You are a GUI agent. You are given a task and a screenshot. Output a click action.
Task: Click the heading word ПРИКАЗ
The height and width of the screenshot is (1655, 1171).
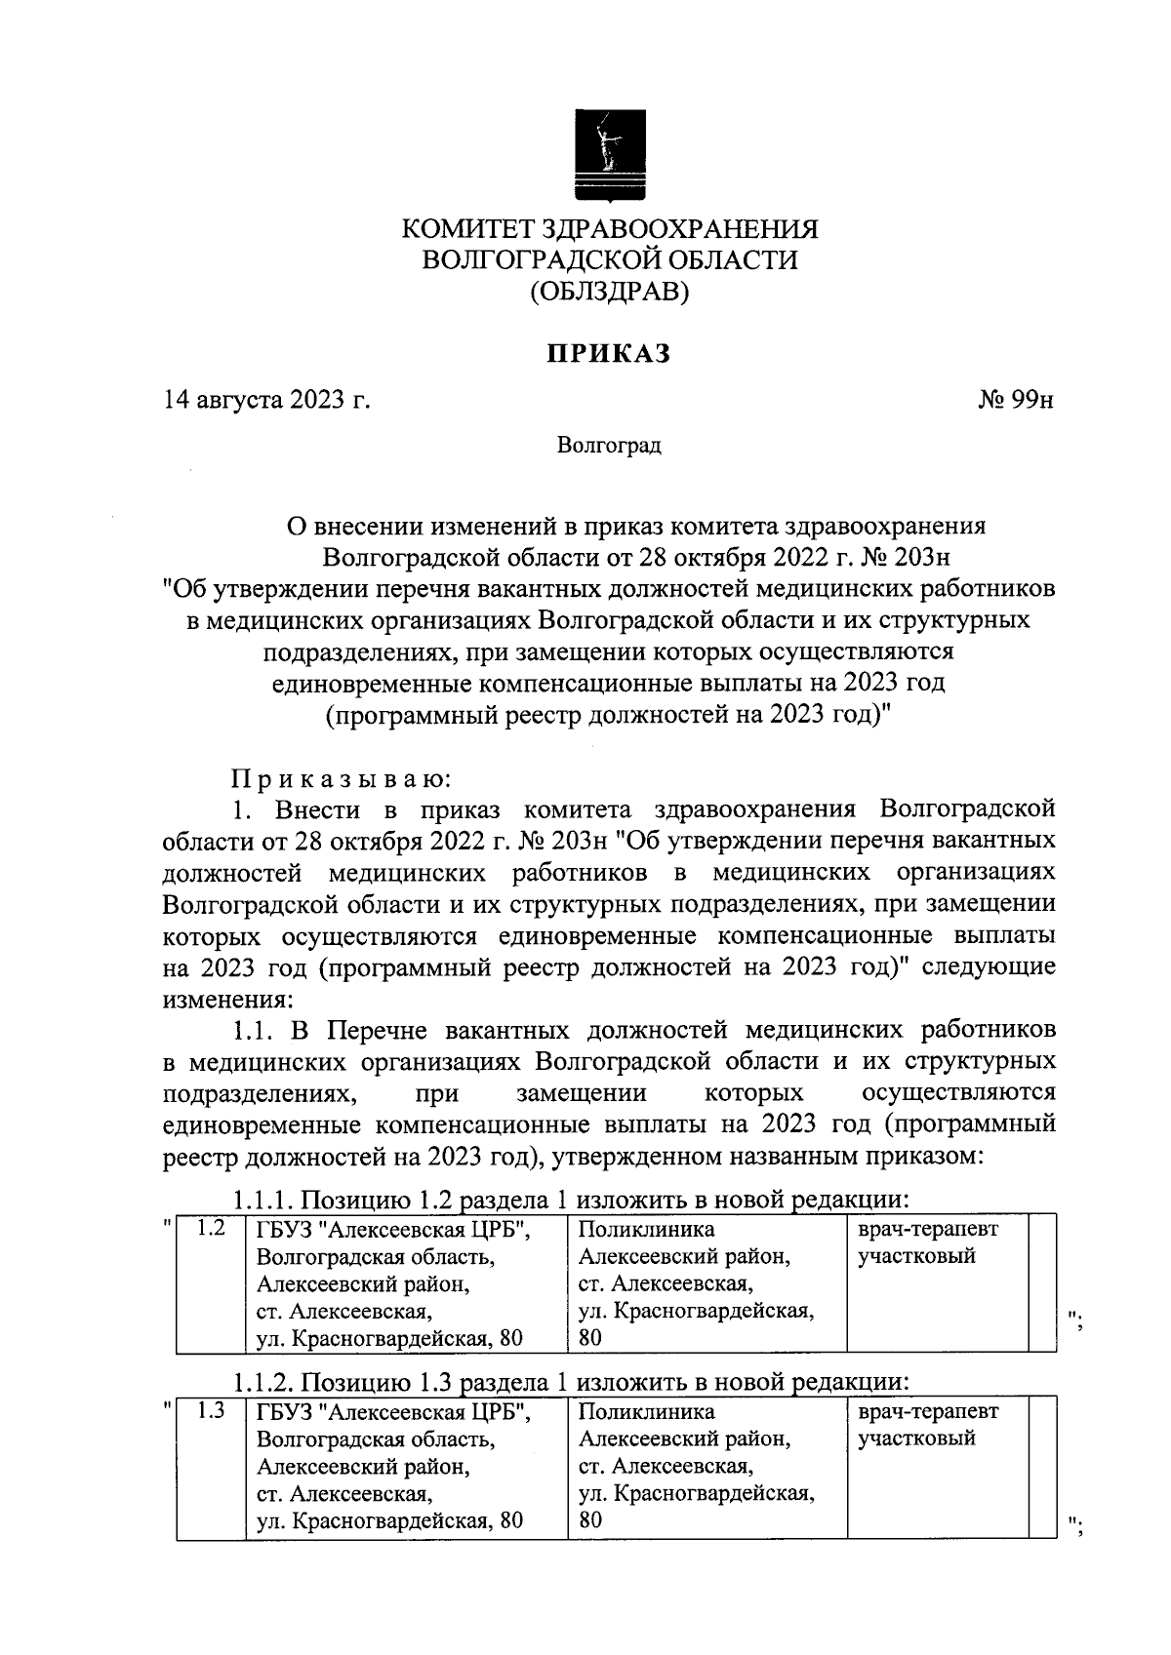(609, 353)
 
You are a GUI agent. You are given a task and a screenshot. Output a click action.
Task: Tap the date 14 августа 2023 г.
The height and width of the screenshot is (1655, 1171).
(266, 401)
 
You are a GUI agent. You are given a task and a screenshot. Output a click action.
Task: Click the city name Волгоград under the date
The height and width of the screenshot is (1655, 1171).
(609, 446)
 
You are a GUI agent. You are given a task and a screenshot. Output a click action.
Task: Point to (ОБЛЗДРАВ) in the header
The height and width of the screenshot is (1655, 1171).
(609, 291)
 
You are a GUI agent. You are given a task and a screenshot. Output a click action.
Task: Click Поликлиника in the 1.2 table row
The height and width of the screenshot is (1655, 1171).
(646, 1229)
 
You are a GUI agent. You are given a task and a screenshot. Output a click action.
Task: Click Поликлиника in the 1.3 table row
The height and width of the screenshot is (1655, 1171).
(646, 1411)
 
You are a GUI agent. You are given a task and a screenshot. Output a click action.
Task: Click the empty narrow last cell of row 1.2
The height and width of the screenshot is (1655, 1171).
(1043, 1282)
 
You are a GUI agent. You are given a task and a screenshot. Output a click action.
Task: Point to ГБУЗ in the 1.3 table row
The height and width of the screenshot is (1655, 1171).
(284, 1411)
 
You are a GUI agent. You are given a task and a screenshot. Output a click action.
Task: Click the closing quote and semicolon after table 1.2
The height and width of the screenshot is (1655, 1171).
(1077, 1322)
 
